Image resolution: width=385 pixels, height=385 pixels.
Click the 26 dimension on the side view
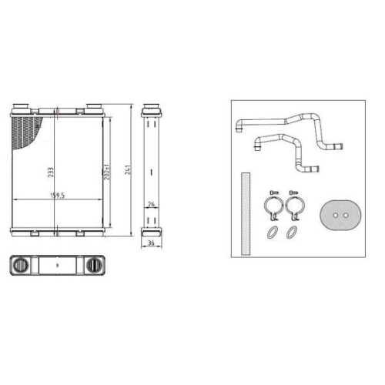[x=151, y=204]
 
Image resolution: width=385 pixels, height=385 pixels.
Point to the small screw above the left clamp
[x=271, y=192]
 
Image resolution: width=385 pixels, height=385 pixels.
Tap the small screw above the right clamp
[x=292, y=192]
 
